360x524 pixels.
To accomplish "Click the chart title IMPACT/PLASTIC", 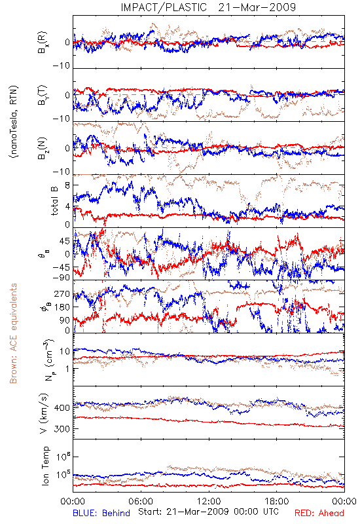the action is click(x=164, y=7).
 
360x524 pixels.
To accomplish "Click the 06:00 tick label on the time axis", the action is click(x=141, y=501).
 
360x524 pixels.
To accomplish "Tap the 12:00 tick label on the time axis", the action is click(x=209, y=501).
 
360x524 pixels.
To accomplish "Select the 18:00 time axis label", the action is click(x=277, y=501).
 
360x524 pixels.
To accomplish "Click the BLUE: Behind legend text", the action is click(x=101, y=513).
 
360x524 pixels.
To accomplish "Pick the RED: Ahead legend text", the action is click(x=319, y=513).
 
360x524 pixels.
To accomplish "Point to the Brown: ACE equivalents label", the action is click(x=13, y=333).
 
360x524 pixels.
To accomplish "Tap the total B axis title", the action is click(x=54, y=200).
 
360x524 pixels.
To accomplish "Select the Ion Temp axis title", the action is click(x=46, y=466).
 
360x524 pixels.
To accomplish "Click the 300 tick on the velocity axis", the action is click(x=62, y=429).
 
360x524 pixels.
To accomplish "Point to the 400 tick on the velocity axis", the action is click(x=62, y=407).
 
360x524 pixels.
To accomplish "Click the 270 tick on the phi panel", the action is click(x=62, y=293).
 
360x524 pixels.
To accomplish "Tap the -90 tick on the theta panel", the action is click(x=61, y=277).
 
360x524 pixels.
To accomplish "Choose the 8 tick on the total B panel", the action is click(x=67, y=185).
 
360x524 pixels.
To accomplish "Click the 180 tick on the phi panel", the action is click(x=62, y=307).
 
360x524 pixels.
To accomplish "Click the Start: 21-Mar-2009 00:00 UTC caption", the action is click(x=209, y=512).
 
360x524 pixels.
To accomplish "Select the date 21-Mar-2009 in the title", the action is click(x=257, y=7).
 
